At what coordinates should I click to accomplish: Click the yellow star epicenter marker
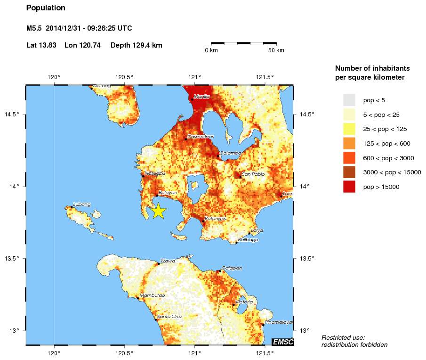click(159, 211)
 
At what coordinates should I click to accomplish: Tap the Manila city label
click(201, 97)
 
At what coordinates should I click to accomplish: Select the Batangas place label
click(216, 219)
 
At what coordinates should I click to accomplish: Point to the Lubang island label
click(82, 205)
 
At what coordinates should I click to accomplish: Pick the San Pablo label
click(253, 174)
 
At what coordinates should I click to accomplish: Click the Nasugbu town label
click(155, 173)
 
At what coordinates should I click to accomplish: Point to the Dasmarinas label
click(201, 136)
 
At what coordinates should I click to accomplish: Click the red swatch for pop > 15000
click(349, 187)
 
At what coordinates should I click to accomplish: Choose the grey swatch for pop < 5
click(349, 100)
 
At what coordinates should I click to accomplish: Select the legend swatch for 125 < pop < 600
click(349, 143)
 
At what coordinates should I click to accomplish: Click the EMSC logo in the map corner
click(283, 341)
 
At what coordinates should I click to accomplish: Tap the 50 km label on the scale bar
click(276, 50)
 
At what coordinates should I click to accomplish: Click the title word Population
click(46, 8)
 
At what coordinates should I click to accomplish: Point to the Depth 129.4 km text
click(136, 45)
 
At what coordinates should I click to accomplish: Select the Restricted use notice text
click(354, 341)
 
